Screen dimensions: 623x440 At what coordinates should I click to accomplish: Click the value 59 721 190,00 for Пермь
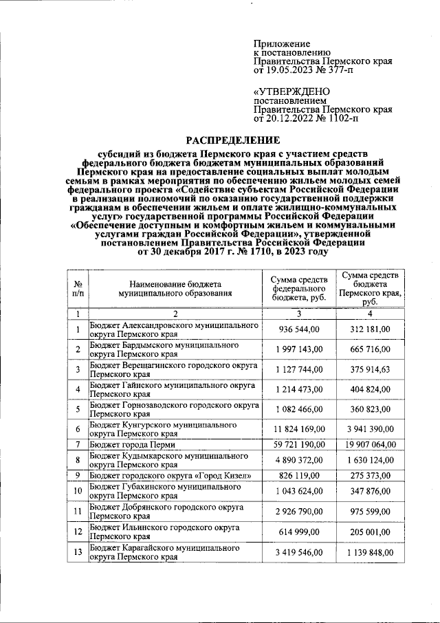point(300,445)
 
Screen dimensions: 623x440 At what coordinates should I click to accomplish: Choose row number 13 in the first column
point(78,552)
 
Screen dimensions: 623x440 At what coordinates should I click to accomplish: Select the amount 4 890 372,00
point(300,460)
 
